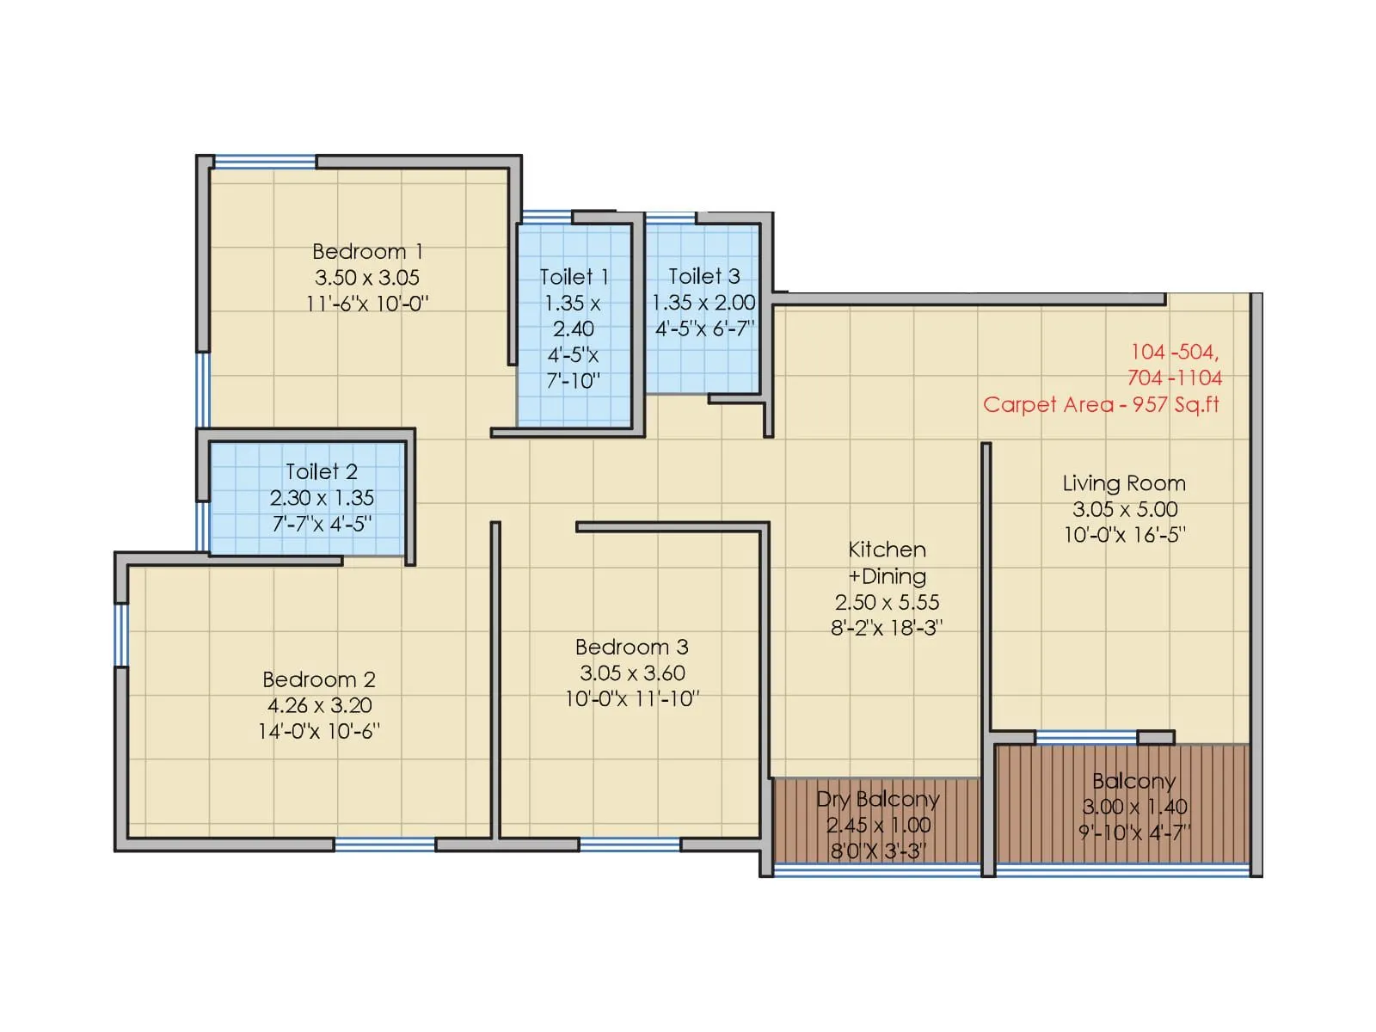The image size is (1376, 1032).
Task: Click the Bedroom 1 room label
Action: click(x=367, y=251)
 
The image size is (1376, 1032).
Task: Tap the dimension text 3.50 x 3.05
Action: click(x=367, y=278)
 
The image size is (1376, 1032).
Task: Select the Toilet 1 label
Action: click(x=574, y=277)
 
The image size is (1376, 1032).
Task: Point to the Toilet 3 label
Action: click(x=703, y=276)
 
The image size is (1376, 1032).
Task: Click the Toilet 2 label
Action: click(x=321, y=471)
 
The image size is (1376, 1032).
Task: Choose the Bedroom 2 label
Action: click(x=319, y=679)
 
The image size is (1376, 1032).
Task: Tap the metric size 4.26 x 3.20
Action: click(x=319, y=705)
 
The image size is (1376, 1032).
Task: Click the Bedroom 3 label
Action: click(x=631, y=647)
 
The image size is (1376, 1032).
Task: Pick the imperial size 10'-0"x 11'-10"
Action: click(x=631, y=699)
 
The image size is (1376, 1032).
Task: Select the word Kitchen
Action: click(x=887, y=550)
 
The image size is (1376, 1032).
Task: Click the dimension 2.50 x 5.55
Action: click(x=887, y=602)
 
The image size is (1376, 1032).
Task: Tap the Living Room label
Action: click(x=1124, y=483)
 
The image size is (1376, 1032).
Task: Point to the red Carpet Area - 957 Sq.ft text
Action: click(x=1101, y=404)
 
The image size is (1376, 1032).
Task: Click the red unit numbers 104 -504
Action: click(x=1174, y=352)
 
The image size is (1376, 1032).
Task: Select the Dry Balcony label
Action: click(x=877, y=799)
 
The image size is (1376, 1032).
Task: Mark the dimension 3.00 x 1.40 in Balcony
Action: click(x=1134, y=807)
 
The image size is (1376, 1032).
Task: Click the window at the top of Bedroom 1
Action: click(x=264, y=162)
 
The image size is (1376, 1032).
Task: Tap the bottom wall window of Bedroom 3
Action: click(x=630, y=845)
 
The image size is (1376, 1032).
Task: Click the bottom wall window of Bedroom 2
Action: click(x=384, y=845)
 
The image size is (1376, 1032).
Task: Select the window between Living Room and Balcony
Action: click(x=1086, y=737)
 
